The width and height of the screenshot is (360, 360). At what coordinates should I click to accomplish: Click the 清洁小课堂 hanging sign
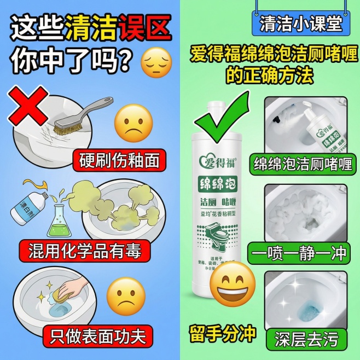tap(299, 25)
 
